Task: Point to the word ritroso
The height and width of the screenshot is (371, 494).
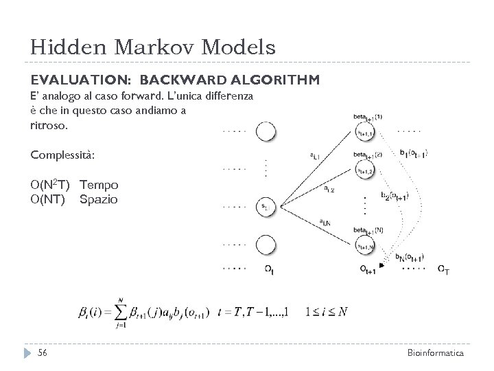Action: [49, 126]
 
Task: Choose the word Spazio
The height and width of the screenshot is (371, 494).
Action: [99, 200]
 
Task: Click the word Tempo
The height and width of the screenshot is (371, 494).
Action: [99, 185]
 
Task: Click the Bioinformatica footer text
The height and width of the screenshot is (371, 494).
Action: [436, 352]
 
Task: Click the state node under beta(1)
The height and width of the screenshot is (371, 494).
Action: [365, 133]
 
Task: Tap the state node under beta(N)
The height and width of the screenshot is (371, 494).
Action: [365, 243]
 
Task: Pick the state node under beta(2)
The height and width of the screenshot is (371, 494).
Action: [365, 170]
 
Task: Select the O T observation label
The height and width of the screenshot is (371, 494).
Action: [444, 269]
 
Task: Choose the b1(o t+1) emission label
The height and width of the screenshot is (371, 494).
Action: [413, 153]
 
